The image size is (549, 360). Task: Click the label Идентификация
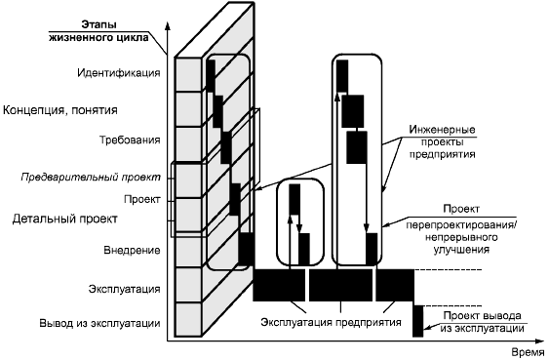pyautogui.click(x=119, y=73)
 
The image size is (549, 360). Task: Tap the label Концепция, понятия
pyautogui.click(x=60, y=110)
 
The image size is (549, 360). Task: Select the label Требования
pyautogui.click(x=130, y=140)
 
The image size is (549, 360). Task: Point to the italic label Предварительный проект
pyautogui.click(x=91, y=178)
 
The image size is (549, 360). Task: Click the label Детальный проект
pyautogui.click(x=65, y=220)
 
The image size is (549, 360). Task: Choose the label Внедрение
pyautogui.click(x=132, y=251)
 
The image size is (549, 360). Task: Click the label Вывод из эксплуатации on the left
pyautogui.click(x=99, y=323)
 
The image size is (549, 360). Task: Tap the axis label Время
pyautogui.click(x=528, y=352)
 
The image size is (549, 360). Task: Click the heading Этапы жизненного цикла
pyautogui.click(x=98, y=31)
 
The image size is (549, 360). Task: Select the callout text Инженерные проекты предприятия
pyautogui.click(x=442, y=141)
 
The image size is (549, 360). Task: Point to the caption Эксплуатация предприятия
pyautogui.click(x=331, y=322)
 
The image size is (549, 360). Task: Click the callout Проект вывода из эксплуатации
pyautogui.click(x=482, y=322)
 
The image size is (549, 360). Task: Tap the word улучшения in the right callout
pyautogui.click(x=461, y=250)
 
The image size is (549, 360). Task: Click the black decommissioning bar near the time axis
pyautogui.click(x=417, y=321)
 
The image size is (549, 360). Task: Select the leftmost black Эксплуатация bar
pyautogui.click(x=279, y=285)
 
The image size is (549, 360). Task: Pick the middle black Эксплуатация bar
pyautogui.click(x=340, y=285)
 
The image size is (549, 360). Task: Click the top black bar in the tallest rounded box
pyautogui.click(x=342, y=76)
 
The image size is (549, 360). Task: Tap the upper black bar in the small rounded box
pyautogui.click(x=294, y=199)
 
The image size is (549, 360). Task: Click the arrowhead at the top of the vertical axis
pyautogui.click(x=168, y=26)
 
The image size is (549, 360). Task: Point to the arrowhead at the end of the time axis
pyautogui.click(x=539, y=340)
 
